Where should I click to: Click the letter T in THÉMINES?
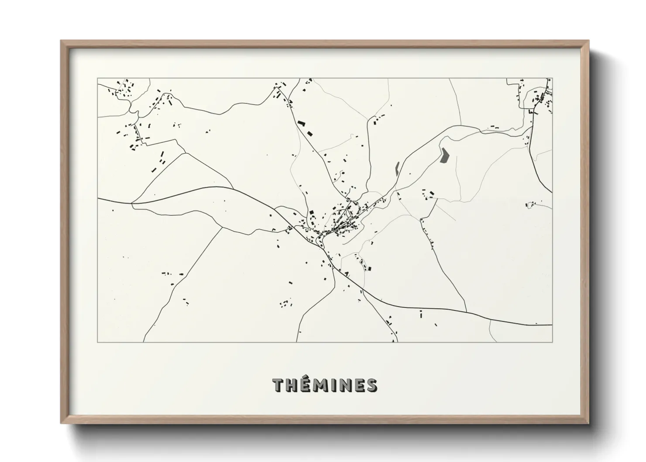point(278,386)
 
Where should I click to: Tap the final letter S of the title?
point(371,386)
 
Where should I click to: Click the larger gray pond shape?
point(445,155)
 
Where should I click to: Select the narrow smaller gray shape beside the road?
point(397,168)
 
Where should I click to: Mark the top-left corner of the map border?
point(97,79)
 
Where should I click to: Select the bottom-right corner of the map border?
point(552,342)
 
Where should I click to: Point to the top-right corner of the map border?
point(552,79)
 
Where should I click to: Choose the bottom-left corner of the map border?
point(97,342)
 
